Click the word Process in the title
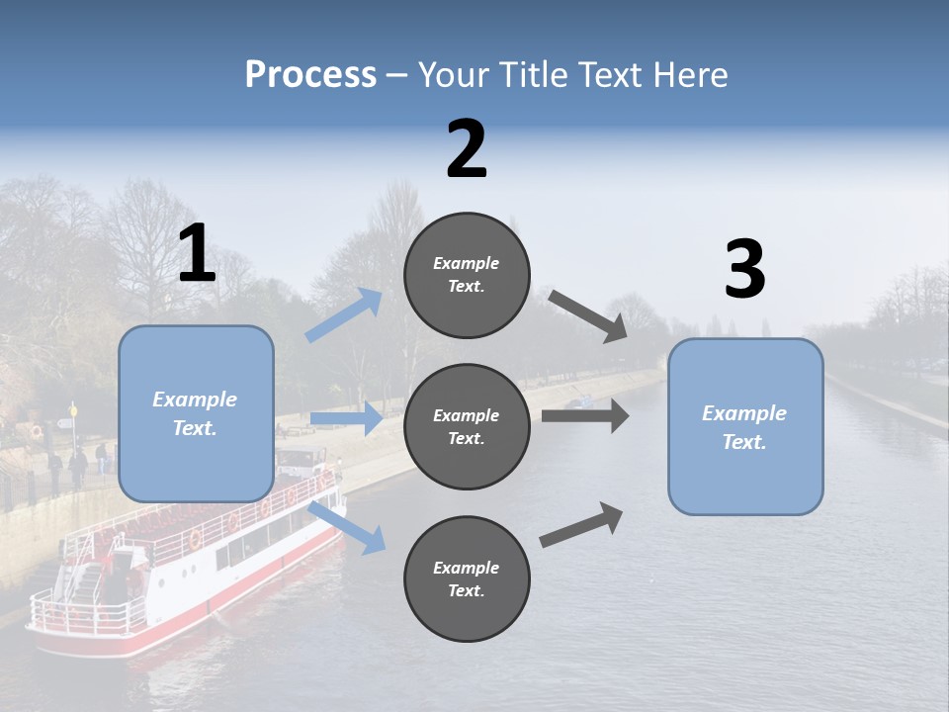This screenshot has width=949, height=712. coord(310,74)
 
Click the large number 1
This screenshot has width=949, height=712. coord(197,254)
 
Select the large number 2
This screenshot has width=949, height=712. coord(467,149)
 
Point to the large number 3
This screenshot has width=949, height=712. coord(744,270)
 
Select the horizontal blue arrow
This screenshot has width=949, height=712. coord(347,419)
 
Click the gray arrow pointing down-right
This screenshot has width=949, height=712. coord(589,315)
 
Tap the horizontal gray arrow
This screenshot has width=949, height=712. coord(585,415)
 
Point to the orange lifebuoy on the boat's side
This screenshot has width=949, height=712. coord(196,540)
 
